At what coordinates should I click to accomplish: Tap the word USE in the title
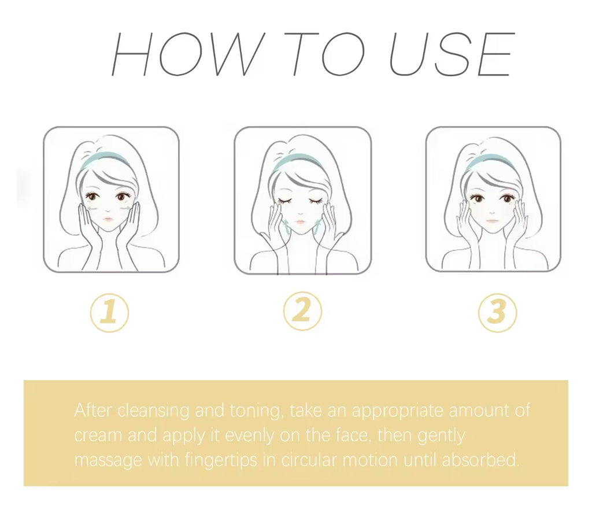452,54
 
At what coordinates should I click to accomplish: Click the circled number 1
109,313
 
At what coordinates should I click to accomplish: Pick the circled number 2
303,311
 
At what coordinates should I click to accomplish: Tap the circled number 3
498,313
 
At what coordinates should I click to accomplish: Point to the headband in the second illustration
298,160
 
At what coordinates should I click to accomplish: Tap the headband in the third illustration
489,160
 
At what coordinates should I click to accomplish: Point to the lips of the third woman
491,220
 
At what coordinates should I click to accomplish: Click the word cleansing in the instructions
153,411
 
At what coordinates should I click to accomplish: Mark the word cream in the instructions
98,436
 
